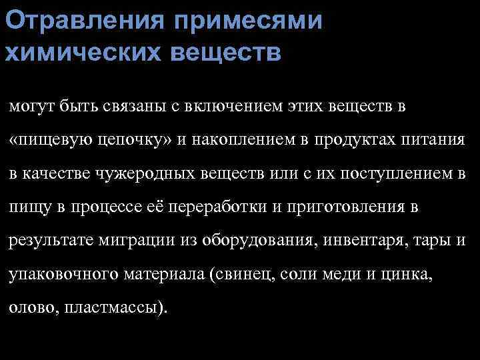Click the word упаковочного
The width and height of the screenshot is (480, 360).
55,277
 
